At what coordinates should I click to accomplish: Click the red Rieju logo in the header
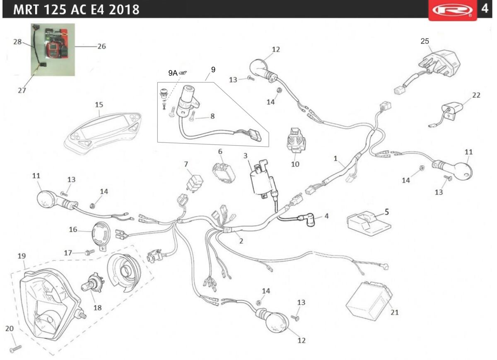click(x=453, y=10)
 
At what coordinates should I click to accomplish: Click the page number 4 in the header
click(x=485, y=9)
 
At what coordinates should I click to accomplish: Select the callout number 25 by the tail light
click(x=425, y=41)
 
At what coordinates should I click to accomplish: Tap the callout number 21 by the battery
click(x=394, y=312)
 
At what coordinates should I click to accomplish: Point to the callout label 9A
click(x=173, y=73)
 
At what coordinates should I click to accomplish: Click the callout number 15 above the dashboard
click(x=99, y=105)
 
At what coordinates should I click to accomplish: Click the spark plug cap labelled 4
click(x=306, y=220)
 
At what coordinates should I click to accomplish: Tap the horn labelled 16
click(x=101, y=236)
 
